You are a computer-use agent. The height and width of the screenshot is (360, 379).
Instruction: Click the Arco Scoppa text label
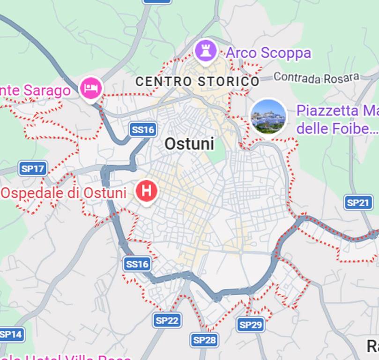click(x=268, y=53)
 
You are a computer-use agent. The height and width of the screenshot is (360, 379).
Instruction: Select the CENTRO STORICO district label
click(x=197, y=82)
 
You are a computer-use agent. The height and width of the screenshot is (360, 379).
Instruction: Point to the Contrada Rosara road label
click(x=316, y=77)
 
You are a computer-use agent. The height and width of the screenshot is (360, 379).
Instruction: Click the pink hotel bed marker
click(x=91, y=88)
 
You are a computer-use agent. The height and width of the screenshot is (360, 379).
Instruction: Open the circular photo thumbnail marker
click(x=268, y=116)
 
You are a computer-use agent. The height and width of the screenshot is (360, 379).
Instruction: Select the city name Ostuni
click(x=189, y=144)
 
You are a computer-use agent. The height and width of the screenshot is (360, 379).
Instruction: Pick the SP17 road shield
click(x=33, y=168)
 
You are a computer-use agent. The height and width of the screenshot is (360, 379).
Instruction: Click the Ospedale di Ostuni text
click(x=64, y=193)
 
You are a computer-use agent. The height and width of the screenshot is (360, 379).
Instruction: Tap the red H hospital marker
click(x=146, y=191)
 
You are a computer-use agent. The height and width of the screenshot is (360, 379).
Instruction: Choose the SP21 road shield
click(x=358, y=202)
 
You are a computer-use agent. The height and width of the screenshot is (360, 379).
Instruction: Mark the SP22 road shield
click(x=167, y=321)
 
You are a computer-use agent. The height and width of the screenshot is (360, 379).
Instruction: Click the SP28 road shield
click(x=205, y=340)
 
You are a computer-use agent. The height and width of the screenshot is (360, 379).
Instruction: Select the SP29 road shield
click(x=251, y=324)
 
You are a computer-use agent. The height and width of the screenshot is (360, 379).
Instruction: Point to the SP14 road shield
click(x=10, y=335)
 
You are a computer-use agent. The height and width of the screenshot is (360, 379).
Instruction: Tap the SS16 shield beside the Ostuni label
click(x=142, y=129)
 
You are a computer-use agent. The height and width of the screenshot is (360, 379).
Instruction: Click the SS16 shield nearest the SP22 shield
click(x=137, y=264)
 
